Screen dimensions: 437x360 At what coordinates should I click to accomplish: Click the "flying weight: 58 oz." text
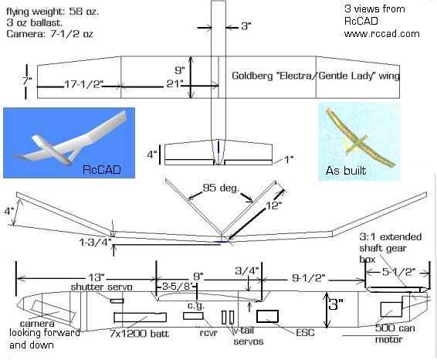click(x=53, y=12)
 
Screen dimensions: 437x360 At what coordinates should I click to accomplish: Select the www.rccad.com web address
click(x=382, y=34)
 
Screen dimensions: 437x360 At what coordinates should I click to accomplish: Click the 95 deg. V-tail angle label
click(x=221, y=188)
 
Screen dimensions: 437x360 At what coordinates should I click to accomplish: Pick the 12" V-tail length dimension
click(x=273, y=205)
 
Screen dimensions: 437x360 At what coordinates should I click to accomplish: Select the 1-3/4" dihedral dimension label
click(x=95, y=243)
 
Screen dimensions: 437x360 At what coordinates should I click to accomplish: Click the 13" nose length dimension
click(x=97, y=277)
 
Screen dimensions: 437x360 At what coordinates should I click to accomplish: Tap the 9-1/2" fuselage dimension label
click(x=309, y=278)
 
